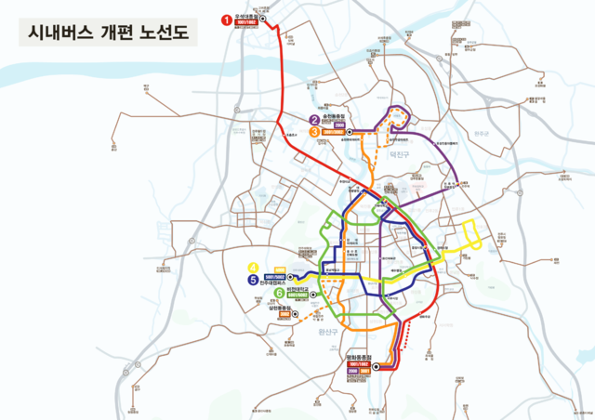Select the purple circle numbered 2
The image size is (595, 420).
click(315, 120)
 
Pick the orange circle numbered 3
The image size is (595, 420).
click(315, 132)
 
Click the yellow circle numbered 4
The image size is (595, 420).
click(252, 269)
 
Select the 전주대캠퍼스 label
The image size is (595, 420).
click(277, 283)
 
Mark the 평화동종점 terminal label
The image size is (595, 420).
click(358, 358)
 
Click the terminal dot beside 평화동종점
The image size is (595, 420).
click(376, 366)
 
